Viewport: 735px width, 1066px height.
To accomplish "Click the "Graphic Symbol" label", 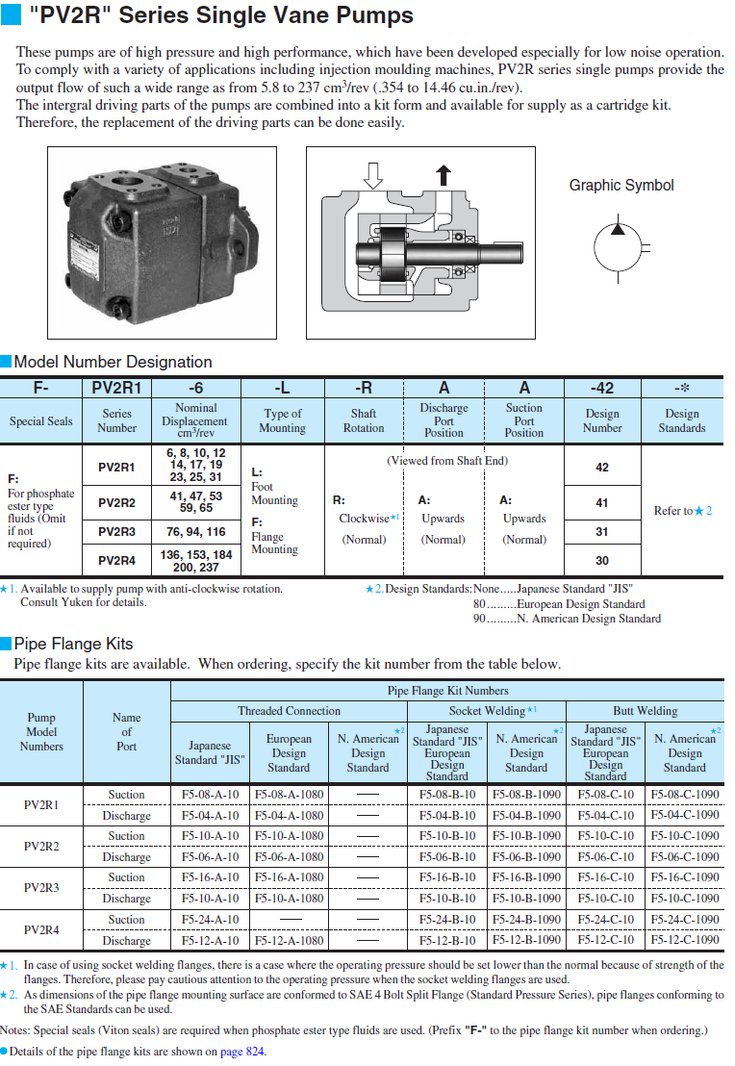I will (621, 186).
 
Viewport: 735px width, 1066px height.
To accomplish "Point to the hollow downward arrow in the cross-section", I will (374, 175).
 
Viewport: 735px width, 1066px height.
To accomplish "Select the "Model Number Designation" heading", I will (113, 362).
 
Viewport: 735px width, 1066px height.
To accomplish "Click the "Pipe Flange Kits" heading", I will (73, 644).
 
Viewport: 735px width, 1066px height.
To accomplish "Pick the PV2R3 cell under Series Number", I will (116, 531).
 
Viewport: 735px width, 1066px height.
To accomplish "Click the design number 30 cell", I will (601, 560).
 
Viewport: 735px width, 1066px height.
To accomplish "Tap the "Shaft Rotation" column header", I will (363, 420).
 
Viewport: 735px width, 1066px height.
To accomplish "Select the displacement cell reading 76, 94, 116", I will (195, 531).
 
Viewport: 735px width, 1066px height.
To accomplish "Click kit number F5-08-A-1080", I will (289, 795).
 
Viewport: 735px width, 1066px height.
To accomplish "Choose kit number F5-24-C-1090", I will (684, 920).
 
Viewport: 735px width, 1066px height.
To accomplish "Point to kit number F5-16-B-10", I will (447, 877).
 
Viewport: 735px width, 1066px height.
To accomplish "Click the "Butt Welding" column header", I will (645, 711).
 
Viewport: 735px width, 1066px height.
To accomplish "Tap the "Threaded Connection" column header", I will (289, 711).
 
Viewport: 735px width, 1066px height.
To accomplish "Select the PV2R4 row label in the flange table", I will (41, 930).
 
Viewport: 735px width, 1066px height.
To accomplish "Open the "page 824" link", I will (242, 1052).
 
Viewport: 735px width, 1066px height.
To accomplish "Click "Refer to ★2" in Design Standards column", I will (682, 511).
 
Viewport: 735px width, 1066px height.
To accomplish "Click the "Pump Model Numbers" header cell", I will (41, 732).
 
